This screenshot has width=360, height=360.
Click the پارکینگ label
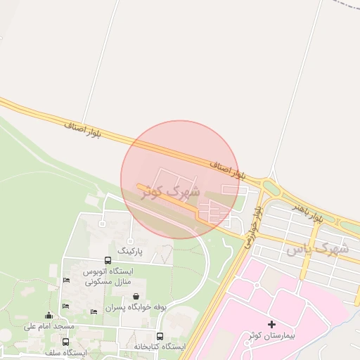pos(130,250)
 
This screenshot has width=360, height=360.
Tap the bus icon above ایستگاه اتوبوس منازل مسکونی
pos(108,261)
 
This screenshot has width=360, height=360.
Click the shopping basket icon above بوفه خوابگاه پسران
pos(135,297)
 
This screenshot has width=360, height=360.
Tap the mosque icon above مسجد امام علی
pos(49,316)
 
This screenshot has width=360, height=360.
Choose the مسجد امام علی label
pos(49,326)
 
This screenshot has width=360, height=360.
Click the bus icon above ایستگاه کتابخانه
pos(160,337)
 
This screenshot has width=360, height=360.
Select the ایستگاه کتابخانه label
pos(160,347)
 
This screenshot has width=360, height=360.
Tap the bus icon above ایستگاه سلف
pos(65,342)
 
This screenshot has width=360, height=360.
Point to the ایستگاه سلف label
pos(65,352)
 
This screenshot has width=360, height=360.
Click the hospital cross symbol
pos(272,325)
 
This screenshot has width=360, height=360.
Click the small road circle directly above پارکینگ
pos(101,224)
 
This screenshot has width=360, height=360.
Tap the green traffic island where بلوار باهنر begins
pos(270,188)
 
